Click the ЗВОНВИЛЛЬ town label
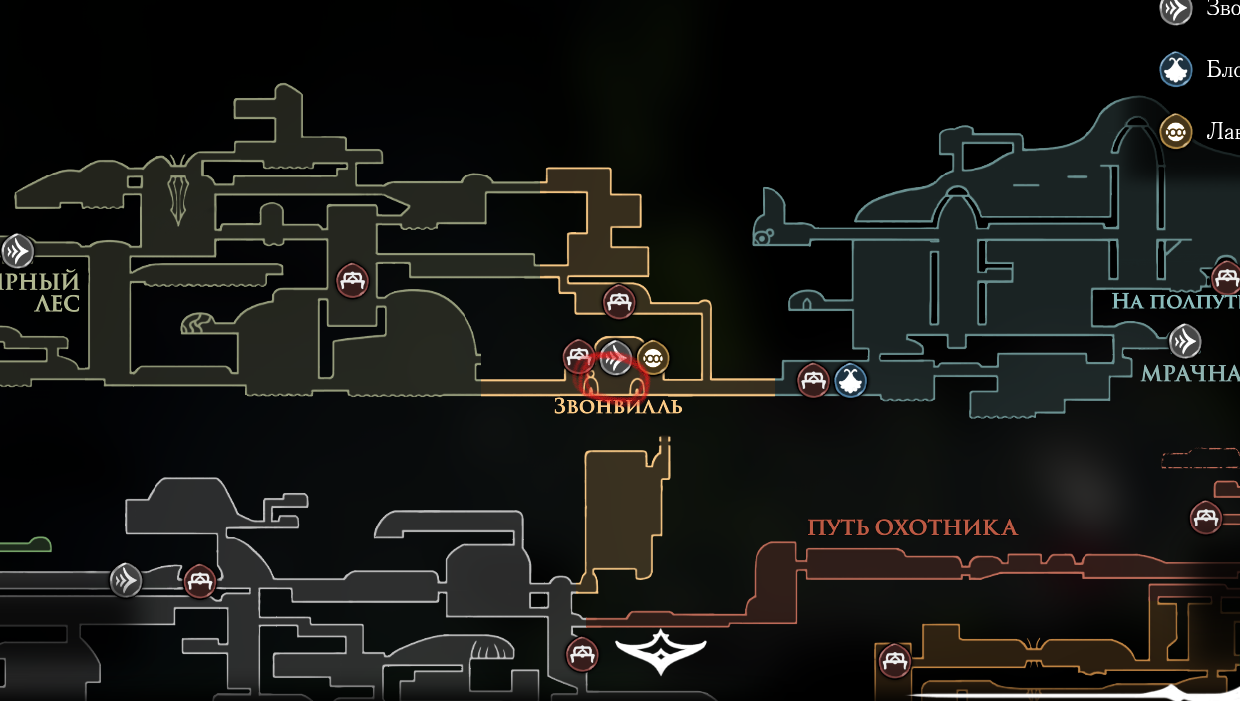[618, 407]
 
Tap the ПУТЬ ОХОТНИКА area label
[912, 527]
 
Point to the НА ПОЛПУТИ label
[1175, 301]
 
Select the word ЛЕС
[56, 303]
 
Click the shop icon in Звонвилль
[652, 356]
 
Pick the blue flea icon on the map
[850, 380]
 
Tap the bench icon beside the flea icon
[813, 380]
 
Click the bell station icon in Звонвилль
[616, 355]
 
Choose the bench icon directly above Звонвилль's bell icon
[618, 301]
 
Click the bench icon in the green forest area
[351, 280]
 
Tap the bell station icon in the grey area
[126, 579]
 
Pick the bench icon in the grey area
[200, 580]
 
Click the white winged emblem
[660, 651]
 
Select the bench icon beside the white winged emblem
[582, 655]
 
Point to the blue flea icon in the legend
[1176, 69]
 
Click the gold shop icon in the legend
[1176, 131]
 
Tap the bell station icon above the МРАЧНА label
[1184, 342]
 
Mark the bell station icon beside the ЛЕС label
[17, 251]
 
